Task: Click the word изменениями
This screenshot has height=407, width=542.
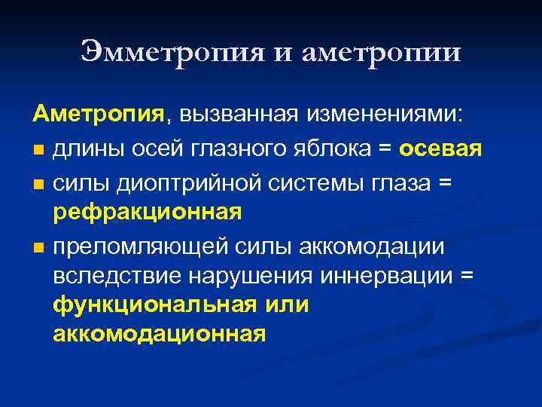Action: (x=385, y=115)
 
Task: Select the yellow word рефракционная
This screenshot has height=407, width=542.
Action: (x=148, y=213)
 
